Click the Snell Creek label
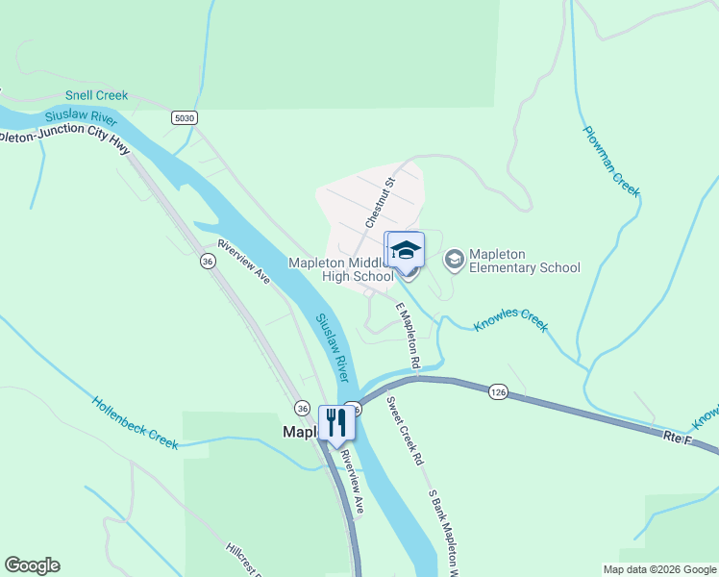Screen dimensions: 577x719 [96, 96]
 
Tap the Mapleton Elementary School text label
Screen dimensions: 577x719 [524, 261]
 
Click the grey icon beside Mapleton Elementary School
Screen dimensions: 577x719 [453, 260]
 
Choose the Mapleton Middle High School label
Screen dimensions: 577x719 [341, 269]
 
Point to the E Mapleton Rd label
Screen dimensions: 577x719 [408, 336]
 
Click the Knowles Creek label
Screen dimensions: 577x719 [510, 319]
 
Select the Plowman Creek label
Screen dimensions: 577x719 [611, 161]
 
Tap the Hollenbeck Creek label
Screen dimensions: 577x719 [136, 422]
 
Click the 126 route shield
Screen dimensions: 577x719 [497, 391]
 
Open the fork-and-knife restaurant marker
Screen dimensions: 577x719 [335, 422]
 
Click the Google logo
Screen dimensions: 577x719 [32, 565]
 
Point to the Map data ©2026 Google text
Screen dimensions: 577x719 [659, 569]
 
